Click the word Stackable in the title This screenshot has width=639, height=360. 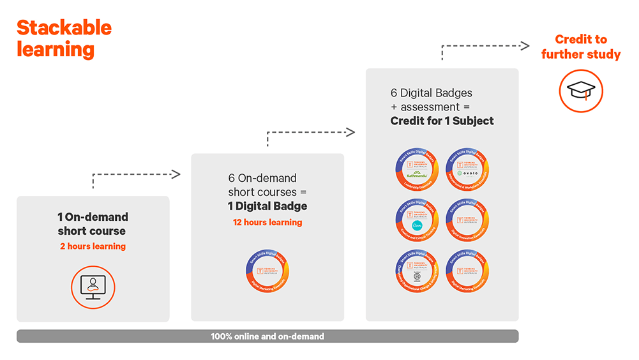coord(64,27)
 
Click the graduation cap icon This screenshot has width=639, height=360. coord(581,91)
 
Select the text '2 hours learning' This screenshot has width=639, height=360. coord(93,246)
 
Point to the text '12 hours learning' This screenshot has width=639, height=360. coord(267,222)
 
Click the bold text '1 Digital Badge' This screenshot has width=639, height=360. coord(267,206)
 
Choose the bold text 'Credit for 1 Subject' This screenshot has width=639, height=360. coord(442,121)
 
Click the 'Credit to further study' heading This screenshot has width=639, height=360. coord(581,47)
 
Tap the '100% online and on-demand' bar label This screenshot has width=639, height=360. coord(267,336)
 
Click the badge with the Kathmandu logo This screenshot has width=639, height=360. coord(417,169)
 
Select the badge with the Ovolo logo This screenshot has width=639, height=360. coord(467,169)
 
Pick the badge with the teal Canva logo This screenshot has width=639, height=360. coord(417,220)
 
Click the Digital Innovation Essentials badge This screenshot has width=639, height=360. coord(467,220)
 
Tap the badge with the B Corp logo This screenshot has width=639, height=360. coord(417,270)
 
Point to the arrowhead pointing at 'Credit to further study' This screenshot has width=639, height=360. coord(525,45)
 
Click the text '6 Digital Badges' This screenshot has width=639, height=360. coord(431,93)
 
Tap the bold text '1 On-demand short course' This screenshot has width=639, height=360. coord(93,224)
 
